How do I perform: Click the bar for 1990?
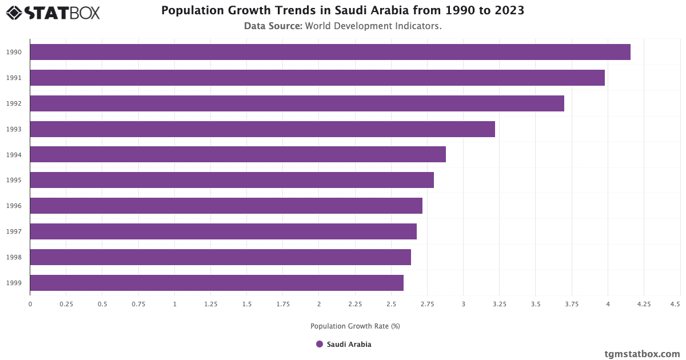(330, 52)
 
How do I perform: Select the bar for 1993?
(262, 129)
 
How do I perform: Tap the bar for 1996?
(226, 206)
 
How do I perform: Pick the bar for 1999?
(217, 283)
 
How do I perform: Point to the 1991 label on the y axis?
(14, 78)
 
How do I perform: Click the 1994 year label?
(14, 155)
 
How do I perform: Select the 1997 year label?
(14, 231)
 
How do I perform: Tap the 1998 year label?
(14, 257)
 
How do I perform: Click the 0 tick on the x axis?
(30, 305)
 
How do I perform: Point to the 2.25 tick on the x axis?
(355, 305)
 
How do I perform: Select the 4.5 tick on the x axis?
(675, 305)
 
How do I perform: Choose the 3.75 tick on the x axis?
(572, 305)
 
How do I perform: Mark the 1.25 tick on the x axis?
(210, 305)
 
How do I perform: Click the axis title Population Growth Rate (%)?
(355, 326)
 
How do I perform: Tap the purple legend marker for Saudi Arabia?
(320, 344)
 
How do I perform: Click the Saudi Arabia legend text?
(349, 344)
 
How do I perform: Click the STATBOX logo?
(53, 13)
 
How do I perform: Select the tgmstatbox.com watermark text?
(642, 354)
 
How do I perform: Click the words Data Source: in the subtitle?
(273, 26)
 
